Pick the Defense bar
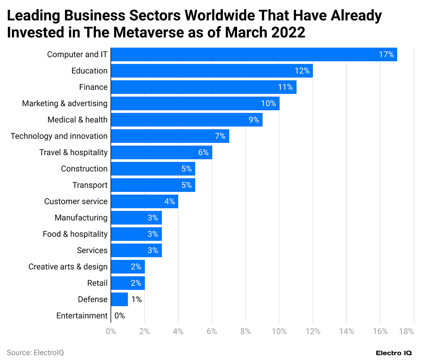(x=119, y=299)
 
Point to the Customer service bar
(x=144, y=201)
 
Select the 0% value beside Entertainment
(x=119, y=316)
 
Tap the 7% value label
(x=220, y=136)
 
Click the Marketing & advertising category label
(x=65, y=103)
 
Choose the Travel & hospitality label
(x=73, y=152)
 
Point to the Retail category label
(x=97, y=283)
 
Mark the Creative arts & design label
(x=68, y=267)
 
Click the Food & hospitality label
(x=75, y=234)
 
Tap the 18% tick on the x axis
(x=406, y=331)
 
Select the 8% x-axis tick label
(x=245, y=331)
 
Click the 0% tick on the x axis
(x=111, y=331)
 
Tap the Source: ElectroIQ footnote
(x=35, y=353)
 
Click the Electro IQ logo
(x=394, y=353)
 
